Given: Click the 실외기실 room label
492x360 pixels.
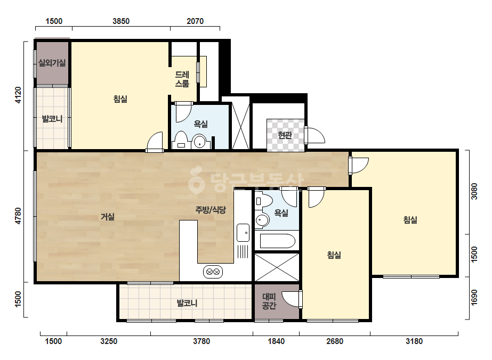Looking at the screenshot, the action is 52,63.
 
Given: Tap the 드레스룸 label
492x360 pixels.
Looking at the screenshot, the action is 182,79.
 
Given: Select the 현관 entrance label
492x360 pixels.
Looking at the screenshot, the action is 285,135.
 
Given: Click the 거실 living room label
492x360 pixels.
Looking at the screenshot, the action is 108,217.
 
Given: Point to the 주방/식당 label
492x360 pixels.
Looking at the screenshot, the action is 211,210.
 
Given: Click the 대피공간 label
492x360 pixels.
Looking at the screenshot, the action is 269,301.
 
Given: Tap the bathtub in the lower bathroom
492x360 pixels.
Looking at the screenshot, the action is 277,241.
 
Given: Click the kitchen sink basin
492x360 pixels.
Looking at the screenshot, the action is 243,233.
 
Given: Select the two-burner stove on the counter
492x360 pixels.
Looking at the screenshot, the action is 213,272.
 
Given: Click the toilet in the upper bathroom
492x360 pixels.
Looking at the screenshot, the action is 181,141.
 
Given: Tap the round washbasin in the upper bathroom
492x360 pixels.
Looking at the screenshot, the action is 199,142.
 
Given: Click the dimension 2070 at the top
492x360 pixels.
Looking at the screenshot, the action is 195,21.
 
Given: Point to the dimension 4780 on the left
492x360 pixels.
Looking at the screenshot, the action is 18,216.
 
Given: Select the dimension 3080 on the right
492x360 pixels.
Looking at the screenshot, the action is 474,191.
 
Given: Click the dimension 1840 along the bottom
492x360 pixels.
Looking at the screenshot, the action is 276,341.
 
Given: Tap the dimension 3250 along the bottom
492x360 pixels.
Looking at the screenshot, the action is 109,341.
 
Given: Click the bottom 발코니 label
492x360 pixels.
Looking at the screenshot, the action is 187,303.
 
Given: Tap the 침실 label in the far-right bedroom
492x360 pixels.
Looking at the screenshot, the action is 410,219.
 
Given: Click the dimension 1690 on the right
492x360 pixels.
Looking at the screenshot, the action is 474,297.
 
